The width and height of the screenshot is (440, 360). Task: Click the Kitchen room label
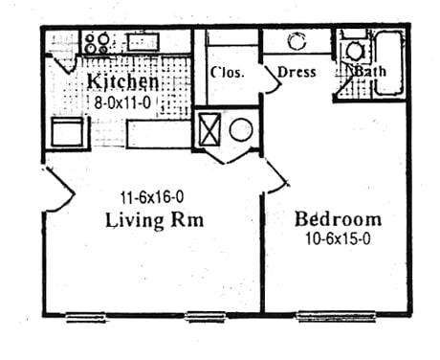[122, 80]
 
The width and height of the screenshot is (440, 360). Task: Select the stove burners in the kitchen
[96, 42]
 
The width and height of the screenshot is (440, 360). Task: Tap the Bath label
[369, 72]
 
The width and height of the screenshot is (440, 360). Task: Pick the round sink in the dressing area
[297, 41]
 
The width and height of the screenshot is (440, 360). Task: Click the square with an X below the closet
[209, 128]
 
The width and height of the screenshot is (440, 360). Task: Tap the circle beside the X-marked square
[240, 129]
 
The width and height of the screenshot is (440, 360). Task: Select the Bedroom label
[338, 217]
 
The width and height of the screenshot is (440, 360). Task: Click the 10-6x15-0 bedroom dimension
[338, 236]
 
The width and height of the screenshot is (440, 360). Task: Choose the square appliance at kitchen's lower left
[69, 131]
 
